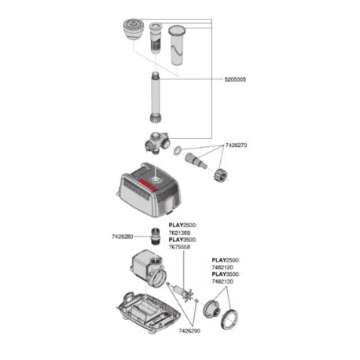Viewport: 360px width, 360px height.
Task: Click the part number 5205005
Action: [235, 79]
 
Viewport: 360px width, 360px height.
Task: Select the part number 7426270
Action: [236, 145]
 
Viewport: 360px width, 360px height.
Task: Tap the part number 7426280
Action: [123, 237]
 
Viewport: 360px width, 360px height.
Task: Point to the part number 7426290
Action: [189, 331]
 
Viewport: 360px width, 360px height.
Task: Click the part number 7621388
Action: [179, 233]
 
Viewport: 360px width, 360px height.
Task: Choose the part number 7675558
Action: [179, 247]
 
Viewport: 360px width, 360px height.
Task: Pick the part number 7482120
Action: [222, 267]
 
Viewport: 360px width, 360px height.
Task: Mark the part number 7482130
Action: [222, 281]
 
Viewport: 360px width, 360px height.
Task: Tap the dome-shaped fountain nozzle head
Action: [133, 29]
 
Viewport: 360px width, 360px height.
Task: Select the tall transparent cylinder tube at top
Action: [176, 45]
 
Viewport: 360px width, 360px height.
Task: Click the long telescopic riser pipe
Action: [156, 97]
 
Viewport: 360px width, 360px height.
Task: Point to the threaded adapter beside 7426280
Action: [155, 236]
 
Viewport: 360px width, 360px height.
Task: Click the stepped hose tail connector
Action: [196, 160]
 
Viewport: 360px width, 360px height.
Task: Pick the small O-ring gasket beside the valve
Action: [178, 150]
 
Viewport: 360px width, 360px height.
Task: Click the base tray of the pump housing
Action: [149, 312]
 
